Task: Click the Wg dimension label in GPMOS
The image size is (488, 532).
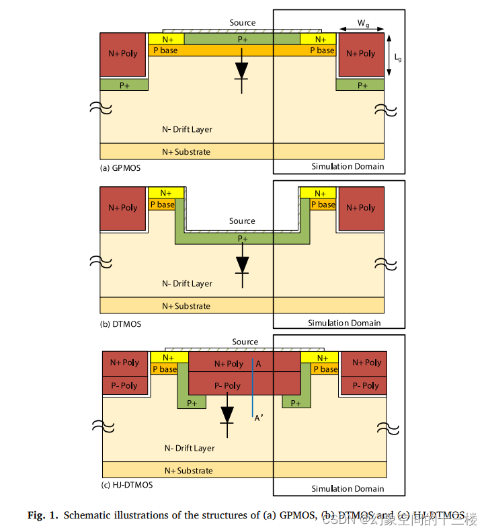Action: pyautogui.click(x=363, y=24)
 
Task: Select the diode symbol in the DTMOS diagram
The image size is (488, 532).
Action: pyautogui.click(x=242, y=264)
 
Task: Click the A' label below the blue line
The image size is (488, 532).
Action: pyautogui.click(x=258, y=418)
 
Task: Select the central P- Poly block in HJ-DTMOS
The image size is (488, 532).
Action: pyautogui.click(x=227, y=385)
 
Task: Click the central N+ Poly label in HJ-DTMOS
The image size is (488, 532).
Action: pyautogui.click(x=229, y=364)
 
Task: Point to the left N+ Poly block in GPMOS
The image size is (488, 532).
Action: pyautogui.click(x=123, y=54)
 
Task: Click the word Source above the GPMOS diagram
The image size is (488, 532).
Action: pyautogui.click(x=243, y=23)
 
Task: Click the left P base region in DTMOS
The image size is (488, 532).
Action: pyautogui.click(x=161, y=204)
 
